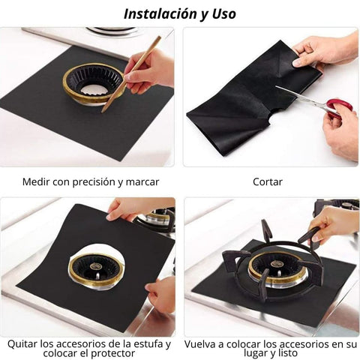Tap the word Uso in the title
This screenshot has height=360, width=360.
click(224, 13)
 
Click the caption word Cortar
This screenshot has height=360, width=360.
click(268, 181)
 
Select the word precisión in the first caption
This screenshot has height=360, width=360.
click(94, 182)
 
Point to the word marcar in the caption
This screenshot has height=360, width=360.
click(142, 182)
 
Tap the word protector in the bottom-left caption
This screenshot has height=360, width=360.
click(112, 353)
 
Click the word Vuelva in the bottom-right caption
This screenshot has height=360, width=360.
click(200, 344)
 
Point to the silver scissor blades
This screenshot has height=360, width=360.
click(300, 95)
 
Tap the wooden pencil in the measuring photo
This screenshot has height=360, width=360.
click(130, 74)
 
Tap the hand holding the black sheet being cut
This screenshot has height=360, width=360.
click(325, 51)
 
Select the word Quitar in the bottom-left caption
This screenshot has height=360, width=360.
click(22, 344)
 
